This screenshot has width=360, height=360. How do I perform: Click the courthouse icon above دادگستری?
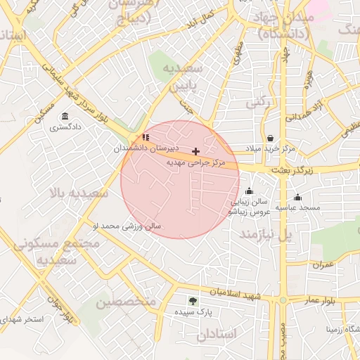click(65, 116)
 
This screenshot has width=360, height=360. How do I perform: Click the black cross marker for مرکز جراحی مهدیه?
click(195, 151)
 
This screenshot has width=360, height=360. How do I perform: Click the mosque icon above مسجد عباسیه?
click(298, 197)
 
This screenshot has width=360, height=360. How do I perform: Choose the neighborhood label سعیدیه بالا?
click(79, 191)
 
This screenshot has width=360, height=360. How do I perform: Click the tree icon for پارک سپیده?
click(193, 301)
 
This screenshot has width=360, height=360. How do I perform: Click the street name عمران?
click(323, 264)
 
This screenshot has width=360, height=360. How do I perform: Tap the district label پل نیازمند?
click(265, 234)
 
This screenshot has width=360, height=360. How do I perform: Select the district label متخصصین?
click(125, 302)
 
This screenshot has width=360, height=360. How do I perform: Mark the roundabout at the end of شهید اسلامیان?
click(283, 300)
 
